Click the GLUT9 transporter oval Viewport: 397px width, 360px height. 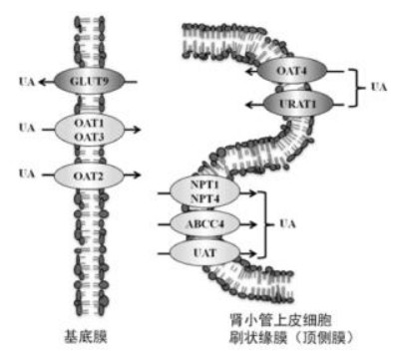tap(89, 82)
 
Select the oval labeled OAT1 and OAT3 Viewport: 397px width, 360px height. tap(89, 130)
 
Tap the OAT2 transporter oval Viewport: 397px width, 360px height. tap(89, 176)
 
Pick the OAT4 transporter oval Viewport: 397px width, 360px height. tap(292, 71)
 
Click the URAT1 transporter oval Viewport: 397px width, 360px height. tap(298, 104)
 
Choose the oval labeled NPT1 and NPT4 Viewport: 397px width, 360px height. tap(204, 191)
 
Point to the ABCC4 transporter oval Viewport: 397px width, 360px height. tap(204, 224)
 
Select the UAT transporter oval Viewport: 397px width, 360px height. tap(204, 253)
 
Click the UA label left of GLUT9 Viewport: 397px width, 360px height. tap(27, 82)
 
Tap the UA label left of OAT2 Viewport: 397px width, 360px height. tap(27, 174)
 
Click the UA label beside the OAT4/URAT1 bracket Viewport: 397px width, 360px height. tap(379, 87)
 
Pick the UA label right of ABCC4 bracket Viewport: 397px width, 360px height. tap(287, 223)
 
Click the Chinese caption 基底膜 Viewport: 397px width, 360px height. tap(86, 336)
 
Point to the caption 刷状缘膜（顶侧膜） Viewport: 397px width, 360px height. tap(292, 338)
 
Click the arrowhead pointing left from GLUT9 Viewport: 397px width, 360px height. tap(42, 82)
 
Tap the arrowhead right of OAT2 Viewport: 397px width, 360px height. tap(137, 175)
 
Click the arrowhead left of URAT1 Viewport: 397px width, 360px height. tap(249, 105)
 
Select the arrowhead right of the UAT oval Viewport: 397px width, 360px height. tap(252, 253)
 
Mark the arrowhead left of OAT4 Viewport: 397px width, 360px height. tap(249, 71)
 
